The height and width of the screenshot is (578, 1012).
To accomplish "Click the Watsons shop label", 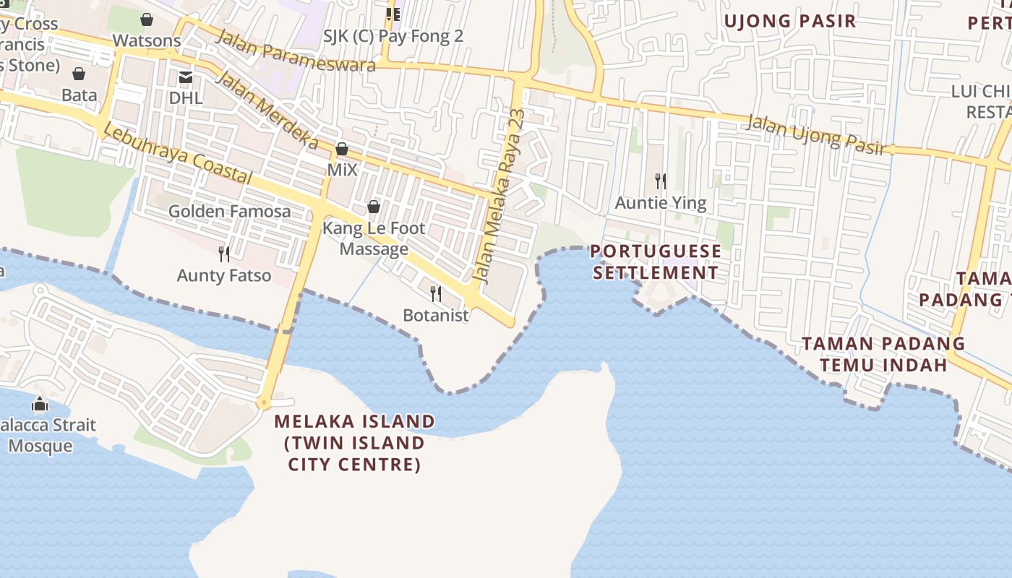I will [x=147, y=40].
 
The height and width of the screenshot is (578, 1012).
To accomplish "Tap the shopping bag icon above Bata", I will [x=79, y=74].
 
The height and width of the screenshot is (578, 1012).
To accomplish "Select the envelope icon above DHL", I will [x=186, y=77].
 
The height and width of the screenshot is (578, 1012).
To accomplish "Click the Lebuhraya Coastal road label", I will [x=177, y=153].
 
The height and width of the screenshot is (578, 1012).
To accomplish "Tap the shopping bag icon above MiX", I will [x=342, y=150].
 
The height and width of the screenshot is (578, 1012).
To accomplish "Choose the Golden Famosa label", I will [x=229, y=212].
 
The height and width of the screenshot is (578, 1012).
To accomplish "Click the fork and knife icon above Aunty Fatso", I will [x=224, y=254].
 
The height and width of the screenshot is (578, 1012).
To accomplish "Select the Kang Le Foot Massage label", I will [x=374, y=238].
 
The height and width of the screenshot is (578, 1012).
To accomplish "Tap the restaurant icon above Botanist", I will [x=436, y=293].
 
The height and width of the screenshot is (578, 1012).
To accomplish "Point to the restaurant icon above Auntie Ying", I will [x=661, y=181].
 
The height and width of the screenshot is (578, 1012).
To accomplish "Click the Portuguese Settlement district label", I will [x=656, y=262].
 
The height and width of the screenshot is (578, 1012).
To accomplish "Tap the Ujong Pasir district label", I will [x=790, y=21].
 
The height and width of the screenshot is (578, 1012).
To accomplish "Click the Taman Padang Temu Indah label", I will [x=883, y=354].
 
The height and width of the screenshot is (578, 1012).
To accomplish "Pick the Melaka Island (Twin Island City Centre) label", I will [x=355, y=442].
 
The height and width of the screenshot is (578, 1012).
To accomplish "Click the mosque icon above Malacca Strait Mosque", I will [x=40, y=403].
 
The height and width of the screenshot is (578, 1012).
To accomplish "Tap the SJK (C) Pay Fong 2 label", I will [x=393, y=36].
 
